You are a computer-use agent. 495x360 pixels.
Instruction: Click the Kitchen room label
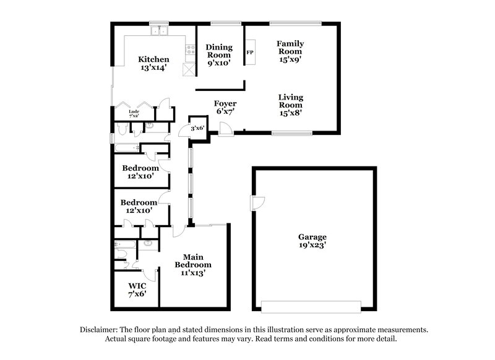click(153, 65)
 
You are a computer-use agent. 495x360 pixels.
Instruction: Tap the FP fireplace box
click(250, 53)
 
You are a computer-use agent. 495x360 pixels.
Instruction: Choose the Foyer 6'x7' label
click(225, 108)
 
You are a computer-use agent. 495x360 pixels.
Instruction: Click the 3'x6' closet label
click(197, 128)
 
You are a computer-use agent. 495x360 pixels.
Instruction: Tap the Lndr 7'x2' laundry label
click(134, 113)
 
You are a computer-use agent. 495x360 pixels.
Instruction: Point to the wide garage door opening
click(311, 307)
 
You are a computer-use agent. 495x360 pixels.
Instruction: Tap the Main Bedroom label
click(192, 265)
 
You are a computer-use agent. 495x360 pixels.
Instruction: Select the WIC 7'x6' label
click(136, 291)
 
